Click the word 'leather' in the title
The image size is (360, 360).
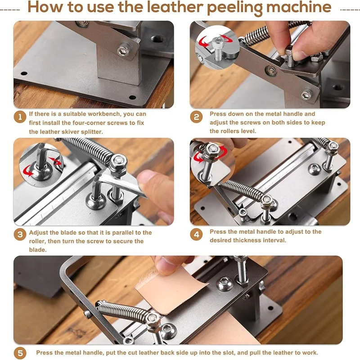point(175,7)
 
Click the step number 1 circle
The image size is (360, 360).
point(20,117)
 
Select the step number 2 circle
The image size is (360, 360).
point(196,117)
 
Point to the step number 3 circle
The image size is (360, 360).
point(20,234)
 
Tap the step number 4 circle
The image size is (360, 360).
point(196,234)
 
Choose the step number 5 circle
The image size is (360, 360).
point(20,353)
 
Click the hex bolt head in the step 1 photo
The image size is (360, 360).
point(124,51)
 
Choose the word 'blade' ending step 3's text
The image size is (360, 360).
point(37,250)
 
